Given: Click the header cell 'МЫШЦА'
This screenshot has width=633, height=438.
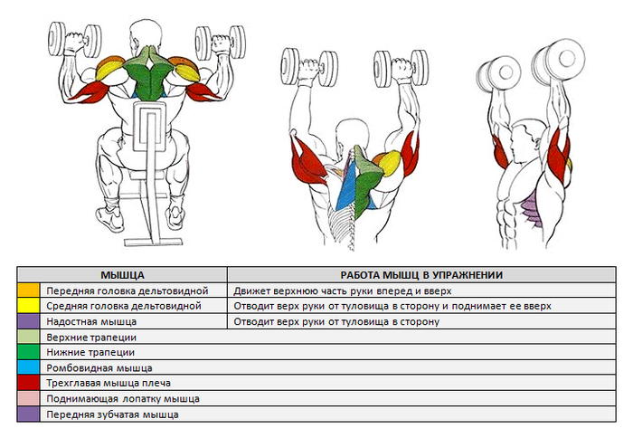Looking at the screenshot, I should pos(123,274).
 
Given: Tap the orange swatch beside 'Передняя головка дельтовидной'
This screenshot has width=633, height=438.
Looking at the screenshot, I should pos(29,290).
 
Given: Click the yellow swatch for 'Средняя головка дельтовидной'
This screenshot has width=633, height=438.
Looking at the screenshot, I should pos(29,306).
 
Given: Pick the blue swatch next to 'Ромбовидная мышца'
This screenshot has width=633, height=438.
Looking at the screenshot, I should pos(29,368).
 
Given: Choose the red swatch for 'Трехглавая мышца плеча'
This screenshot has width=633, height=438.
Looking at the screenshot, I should pos(29,384).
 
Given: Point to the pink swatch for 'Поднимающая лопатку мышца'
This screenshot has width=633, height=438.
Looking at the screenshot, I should pos(29,399).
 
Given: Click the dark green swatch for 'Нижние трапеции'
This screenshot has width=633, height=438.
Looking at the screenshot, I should pos(29,353).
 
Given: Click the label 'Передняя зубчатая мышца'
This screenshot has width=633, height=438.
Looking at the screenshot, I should pos(112,414).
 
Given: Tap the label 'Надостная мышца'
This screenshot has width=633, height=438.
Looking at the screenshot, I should pos(91,321).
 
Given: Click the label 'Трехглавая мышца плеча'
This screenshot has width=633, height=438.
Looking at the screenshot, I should pos(108,384).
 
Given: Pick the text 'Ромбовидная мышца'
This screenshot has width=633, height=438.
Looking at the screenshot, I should pos(99,368).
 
